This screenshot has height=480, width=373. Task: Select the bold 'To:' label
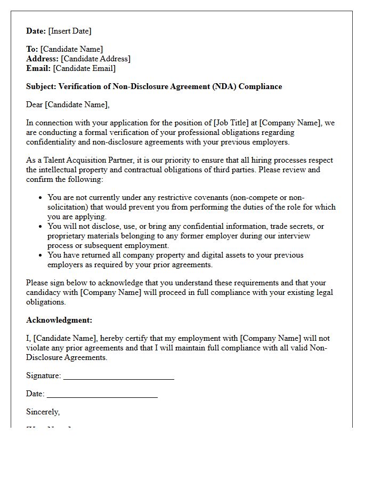point(32,49)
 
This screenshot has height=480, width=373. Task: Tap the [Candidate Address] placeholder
point(95,59)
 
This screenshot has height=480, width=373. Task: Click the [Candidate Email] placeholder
point(84,68)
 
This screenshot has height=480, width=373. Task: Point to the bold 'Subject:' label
point(41,86)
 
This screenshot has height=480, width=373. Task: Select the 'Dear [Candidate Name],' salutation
point(68,105)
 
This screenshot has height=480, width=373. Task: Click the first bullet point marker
point(40,198)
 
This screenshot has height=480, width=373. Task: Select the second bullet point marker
point(40,227)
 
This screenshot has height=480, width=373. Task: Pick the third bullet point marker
point(40,255)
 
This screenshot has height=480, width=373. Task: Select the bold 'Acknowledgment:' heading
point(59,320)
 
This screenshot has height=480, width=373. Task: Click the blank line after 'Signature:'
point(118,377)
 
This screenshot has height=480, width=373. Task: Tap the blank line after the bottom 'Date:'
point(102,395)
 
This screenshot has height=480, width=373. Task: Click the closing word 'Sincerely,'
point(43,412)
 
